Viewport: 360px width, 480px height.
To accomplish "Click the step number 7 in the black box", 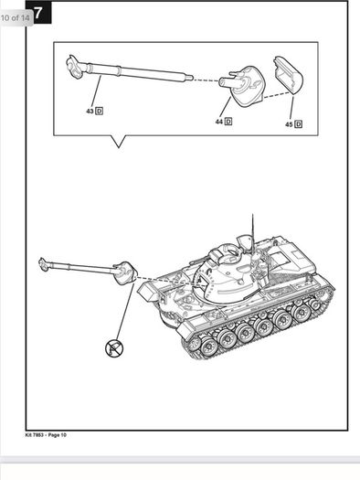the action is point(38,13).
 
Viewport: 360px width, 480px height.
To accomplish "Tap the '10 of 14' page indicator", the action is point(16,17).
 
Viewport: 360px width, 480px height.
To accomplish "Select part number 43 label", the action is point(90,112).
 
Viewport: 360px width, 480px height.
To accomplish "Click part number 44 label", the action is point(218,122).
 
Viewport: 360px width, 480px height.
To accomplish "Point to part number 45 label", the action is point(289,124).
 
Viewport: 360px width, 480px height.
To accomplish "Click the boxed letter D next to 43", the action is point(99,111).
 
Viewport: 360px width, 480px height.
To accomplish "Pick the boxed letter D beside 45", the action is point(299,124).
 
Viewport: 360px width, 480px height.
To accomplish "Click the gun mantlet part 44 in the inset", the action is point(242,85).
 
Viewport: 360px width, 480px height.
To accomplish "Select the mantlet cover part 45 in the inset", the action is point(289,74).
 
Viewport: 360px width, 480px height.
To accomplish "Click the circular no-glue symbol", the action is point(114,348).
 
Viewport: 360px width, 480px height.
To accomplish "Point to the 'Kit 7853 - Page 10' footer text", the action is point(46,434).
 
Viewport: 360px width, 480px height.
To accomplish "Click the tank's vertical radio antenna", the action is point(252,232).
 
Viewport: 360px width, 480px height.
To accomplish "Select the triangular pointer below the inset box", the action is point(119,141).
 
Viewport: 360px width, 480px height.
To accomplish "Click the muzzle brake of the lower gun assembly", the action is point(43,264).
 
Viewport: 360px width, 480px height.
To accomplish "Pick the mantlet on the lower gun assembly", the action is point(125,273).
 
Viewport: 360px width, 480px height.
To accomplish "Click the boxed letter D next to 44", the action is point(228,122).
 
